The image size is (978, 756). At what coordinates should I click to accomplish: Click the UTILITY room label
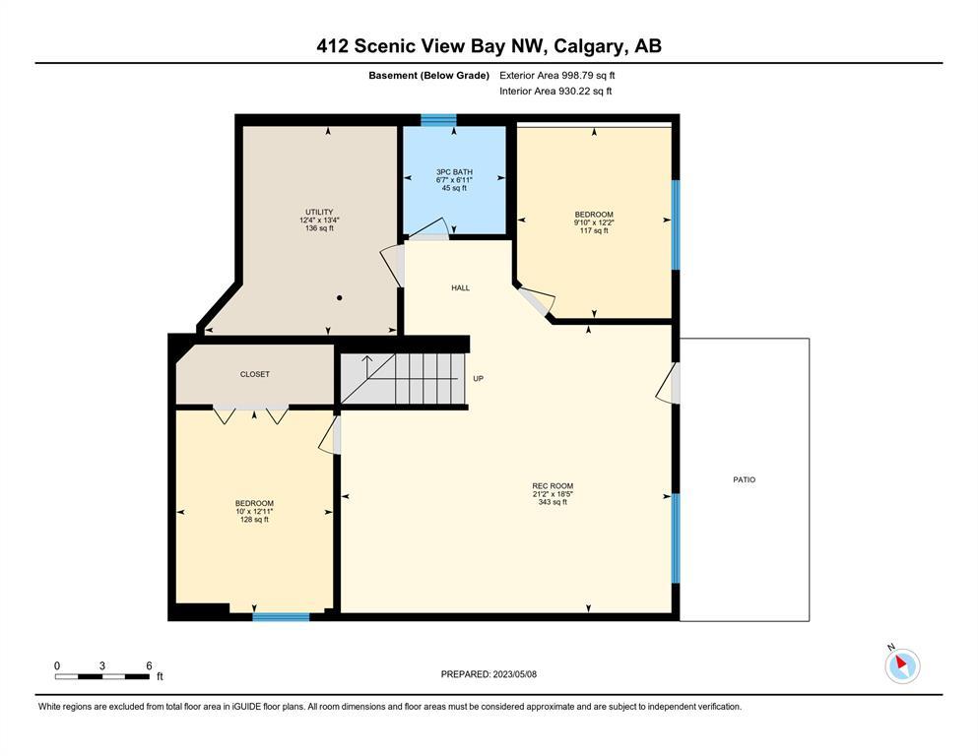pos(319,212)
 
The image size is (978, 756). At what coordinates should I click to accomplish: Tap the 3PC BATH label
pos(454,172)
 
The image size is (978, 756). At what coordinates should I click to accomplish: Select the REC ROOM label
pos(553,486)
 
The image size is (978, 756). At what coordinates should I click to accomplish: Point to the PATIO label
pos(745,480)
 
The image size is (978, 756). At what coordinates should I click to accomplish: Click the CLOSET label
pos(255,375)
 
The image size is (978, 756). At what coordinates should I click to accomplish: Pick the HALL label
pos(460,288)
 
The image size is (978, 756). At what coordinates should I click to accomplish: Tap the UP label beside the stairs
pos(479,378)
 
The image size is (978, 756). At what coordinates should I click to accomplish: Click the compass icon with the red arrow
pos(902,664)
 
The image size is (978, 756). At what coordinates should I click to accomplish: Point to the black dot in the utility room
pos(340,298)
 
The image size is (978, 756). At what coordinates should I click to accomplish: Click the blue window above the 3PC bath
pos(438,120)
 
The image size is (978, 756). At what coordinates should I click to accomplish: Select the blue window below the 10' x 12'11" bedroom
pos(281,617)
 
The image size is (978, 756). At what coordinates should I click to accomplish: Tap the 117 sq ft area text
pos(594,230)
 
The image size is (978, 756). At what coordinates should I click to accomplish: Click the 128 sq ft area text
pos(254,520)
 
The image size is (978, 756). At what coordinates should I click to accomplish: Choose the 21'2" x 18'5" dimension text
pos(553,494)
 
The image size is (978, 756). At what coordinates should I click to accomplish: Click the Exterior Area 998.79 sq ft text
pos(557,76)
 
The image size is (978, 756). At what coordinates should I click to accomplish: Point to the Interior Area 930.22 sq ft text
pos(555,91)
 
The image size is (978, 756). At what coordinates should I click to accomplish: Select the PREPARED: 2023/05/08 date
pos(489,674)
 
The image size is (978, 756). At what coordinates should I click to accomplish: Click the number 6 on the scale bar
pos(149,665)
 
